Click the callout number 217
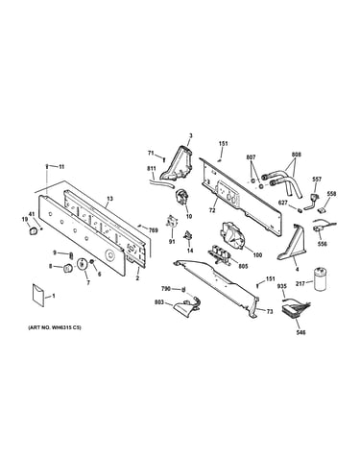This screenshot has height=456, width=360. pos(300,282)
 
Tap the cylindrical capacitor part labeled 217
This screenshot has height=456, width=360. pos(321,279)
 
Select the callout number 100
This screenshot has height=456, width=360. pos(257,255)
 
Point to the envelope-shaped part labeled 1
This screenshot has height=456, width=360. pos(38,295)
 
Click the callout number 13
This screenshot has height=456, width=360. pos(109,199)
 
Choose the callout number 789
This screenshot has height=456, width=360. pos(154,229)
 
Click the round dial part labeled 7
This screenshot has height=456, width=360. pos(83,265)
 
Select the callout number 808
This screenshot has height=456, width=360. pos(297,155)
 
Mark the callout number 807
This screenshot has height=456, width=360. pos(251,157)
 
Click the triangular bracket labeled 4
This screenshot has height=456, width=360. pos(292,242)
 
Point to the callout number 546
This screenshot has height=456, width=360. pos(300,332)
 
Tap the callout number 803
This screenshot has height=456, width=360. pos(159,301)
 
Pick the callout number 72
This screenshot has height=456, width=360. pos(212,210)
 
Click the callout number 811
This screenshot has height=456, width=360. pos(151,168)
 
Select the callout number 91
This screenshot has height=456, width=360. pos(172,242)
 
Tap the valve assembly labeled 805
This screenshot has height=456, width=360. pos(220,252)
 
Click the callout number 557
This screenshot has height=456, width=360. pos(317,180)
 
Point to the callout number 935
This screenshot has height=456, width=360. pos(282,286)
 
